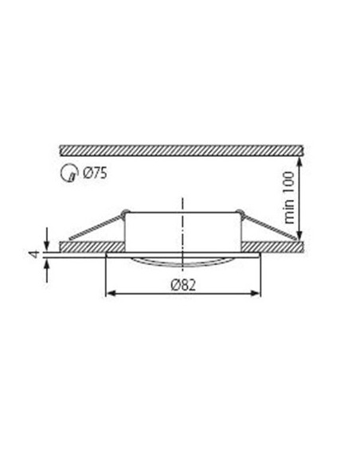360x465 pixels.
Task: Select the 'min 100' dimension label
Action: (x=290, y=199)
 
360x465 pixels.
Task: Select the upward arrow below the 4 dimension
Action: (x=49, y=264)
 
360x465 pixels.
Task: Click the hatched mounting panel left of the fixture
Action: (x=88, y=247)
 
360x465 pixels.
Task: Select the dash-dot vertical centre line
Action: (x=183, y=231)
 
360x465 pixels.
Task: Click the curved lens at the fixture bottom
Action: (x=183, y=260)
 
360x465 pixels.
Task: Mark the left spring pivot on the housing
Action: (x=124, y=212)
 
